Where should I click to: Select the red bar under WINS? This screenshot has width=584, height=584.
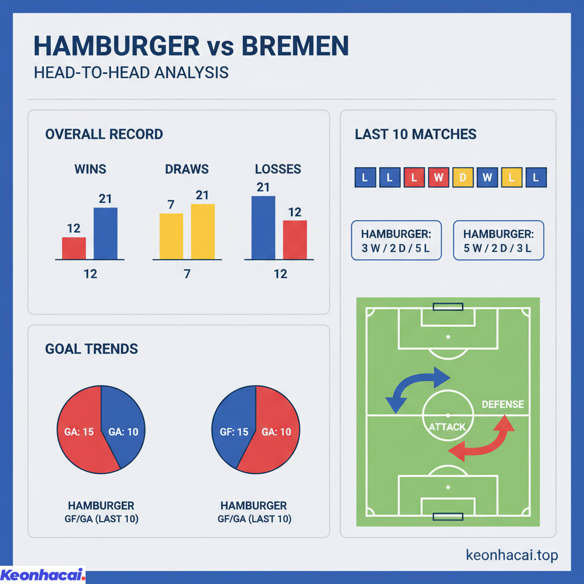(x=74, y=248)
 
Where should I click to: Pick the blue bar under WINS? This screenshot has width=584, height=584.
(x=106, y=233)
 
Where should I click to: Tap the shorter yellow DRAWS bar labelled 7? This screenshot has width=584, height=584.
(x=171, y=236)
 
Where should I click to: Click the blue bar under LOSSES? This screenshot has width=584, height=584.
(x=263, y=228)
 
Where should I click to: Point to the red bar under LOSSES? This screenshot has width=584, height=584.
(x=295, y=240)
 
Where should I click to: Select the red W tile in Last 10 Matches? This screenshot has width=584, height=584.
(x=438, y=177)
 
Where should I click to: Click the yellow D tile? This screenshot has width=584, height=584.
(x=463, y=177)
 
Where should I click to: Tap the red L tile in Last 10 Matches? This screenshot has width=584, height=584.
(x=413, y=177)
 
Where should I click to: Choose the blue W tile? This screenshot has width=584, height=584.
(x=487, y=177)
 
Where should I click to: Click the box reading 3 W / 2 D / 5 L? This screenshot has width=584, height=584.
(x=396, y=241)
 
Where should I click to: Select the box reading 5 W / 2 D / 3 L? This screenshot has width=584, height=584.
(x=498, y=241)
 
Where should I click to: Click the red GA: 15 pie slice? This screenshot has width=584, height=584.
(x=80, y=432)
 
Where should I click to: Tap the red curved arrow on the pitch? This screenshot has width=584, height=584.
(x=485, y=439)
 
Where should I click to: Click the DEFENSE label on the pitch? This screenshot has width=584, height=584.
(x=502, y=404)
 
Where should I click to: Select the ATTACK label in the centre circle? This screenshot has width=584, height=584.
(x=448, y=427)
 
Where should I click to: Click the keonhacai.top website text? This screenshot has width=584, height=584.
(x=512, y=555)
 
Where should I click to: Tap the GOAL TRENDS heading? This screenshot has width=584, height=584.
(x=91, y=348)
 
